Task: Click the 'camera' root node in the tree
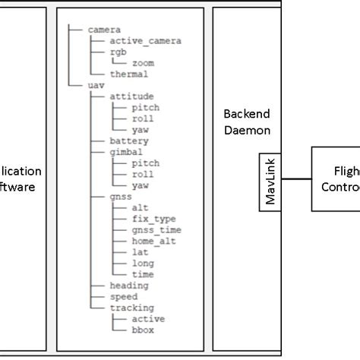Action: tap(103, 29)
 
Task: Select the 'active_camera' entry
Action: tap(145, 40)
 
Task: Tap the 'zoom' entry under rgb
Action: tap(142, 63)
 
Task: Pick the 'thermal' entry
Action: tap(128, 74)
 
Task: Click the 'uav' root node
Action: tap(96, 86)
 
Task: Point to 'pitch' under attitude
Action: tap(145, 108)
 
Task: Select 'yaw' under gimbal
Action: tap(140, 185)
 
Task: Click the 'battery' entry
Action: tap(129, 141)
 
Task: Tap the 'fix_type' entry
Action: tap(153, 218)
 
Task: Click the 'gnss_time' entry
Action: tap(156, 229)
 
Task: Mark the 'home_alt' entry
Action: tap(153, 241)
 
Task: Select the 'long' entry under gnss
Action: tap(143, 263)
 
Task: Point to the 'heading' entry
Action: tap(129, 285)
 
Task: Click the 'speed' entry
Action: tap(124, 296)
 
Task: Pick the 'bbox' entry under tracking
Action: tap(143, 330)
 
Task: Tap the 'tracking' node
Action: tap(131, 308)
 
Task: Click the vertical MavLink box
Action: tap(270, 180)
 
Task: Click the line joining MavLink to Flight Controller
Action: tap(295, 180)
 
